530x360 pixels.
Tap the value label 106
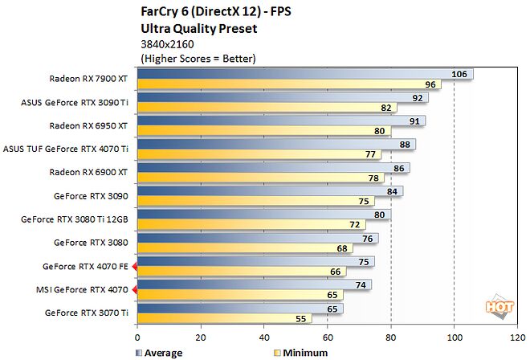[459, 75]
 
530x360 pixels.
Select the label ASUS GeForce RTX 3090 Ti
[75, 103]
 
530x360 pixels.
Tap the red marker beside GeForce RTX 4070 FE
[135, 265]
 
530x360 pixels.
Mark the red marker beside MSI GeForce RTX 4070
[135, 288]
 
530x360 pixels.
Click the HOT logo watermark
[499, 305]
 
